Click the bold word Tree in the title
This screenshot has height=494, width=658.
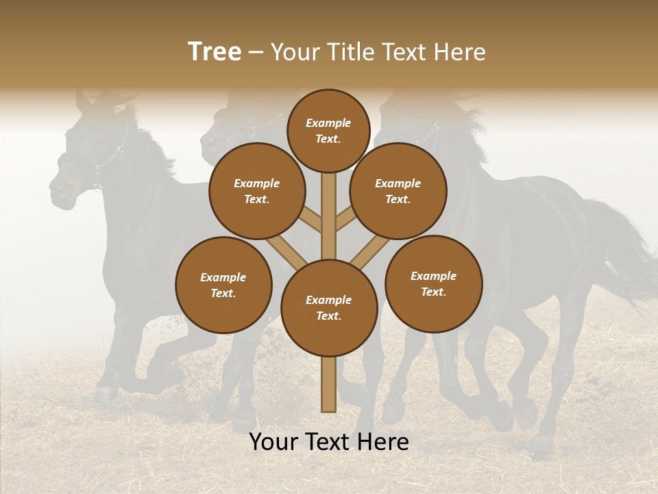click(x=215, y=52)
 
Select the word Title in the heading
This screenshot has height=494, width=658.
click(x=352, y=52)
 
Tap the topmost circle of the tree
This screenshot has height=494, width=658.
click(x=328, y=130)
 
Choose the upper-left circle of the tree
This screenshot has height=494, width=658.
click(x=257, y=191)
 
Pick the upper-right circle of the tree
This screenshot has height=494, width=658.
click(x=398, y=191)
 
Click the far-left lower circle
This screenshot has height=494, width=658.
click(x=223, y=285)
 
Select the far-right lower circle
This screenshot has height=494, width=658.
click(x=433, y=283)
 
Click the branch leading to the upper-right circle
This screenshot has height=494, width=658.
click(x=345, y=220)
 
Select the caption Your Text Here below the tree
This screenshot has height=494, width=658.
click(x=329, y=442)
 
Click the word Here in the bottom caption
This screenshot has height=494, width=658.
click(x=383, y=442)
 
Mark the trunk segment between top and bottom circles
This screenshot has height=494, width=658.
click(x=329, y=213)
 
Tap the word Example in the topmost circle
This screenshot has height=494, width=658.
click(x=328, y=123)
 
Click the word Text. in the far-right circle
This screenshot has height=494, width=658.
click(x=433, y=292)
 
